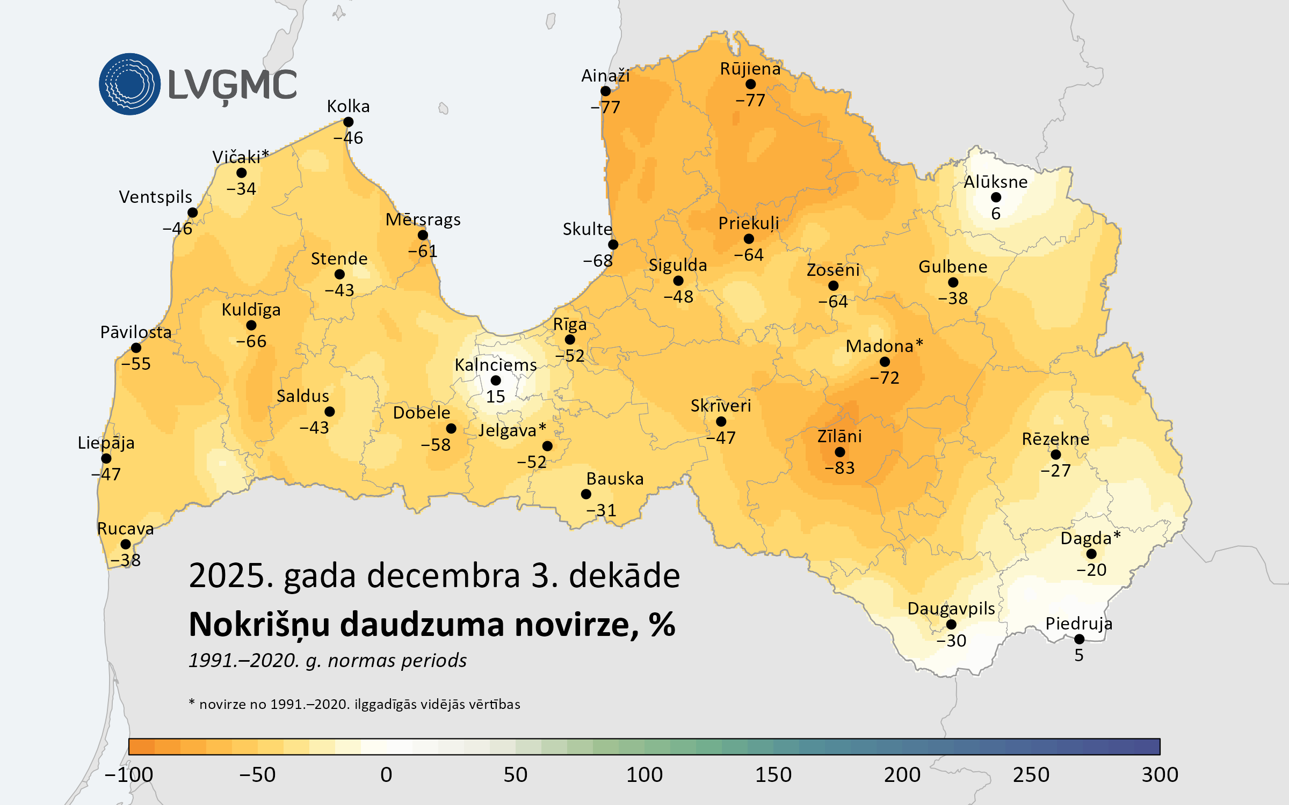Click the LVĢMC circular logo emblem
point(129,84)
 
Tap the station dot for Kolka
point(348,122)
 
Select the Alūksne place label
point(995,182)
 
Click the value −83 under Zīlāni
point(839,468)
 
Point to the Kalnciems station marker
point(496,380)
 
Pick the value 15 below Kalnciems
point(495,397)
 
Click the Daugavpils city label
point(951,609)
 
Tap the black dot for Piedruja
point(1079,639)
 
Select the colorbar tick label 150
point(773,774)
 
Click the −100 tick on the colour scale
point(129,774)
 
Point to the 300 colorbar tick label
point(1160,774)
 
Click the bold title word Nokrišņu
point(259,625)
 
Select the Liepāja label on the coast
point(106,443)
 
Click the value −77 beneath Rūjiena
point(750,100)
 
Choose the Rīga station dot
point(570,340)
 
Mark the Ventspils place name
point(155,197)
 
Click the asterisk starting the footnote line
point(192,702)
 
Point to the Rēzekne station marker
point(1055,455)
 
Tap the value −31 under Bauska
point(601,510)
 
